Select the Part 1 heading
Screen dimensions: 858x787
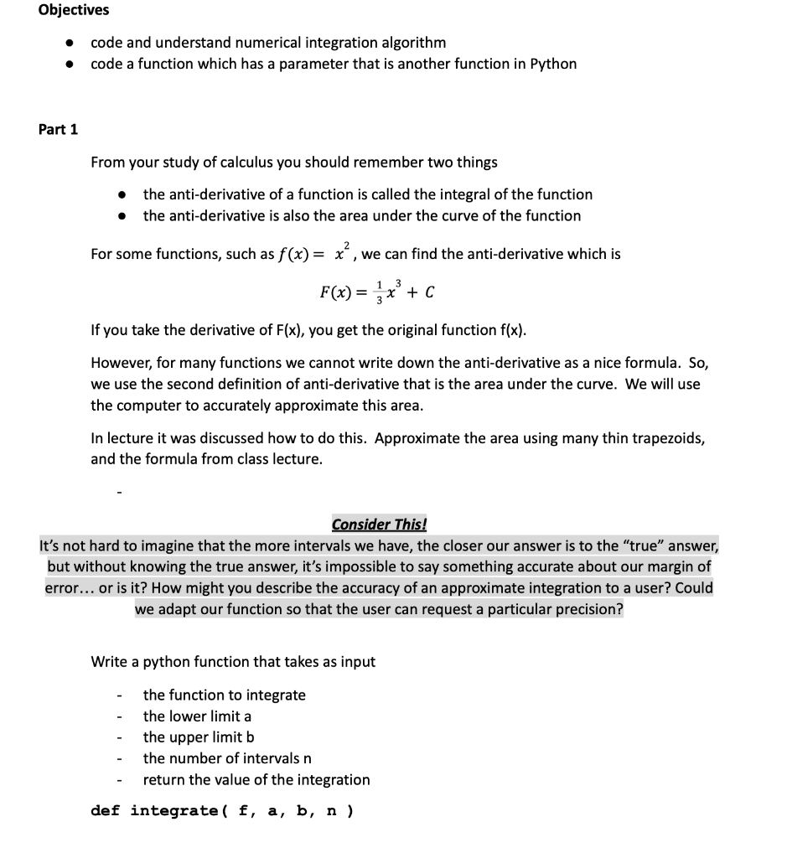click(59, 129)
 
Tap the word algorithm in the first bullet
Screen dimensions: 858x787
click(412, 42)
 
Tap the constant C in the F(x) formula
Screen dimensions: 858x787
click(429, 292)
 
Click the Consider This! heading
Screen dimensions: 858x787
click(379, 525)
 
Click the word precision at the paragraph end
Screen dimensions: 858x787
click(590, 609)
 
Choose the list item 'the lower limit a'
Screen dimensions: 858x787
click(197, 716)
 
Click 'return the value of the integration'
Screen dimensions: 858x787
click(256, 779)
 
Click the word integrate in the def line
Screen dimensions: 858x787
click(174, 810)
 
